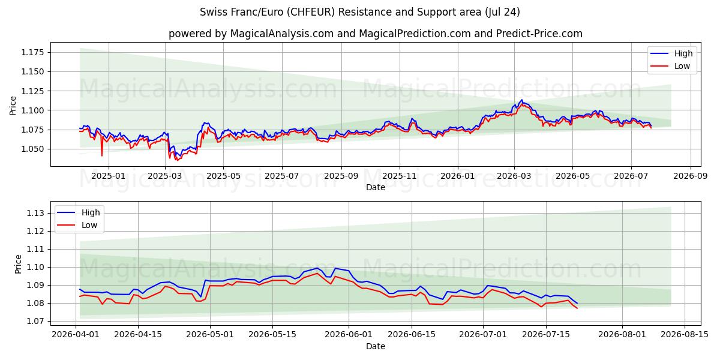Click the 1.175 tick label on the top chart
[x=32, y=52]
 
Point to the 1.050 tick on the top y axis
[x=32, y=149]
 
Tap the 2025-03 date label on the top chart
[x=164, y=176]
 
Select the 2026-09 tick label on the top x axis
[x=691, y=176]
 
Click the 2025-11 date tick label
[x=400, y=176]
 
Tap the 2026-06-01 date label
[x=349, y=335]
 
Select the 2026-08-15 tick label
[x=685, y=335]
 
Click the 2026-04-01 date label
[x=76, y=335]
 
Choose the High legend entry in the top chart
[x=671, y=53]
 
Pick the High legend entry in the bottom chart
[x=79, y=212]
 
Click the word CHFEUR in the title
[x=311, y=12]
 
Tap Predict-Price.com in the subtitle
[x=539, y=34]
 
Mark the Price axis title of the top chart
[x=13, y=106]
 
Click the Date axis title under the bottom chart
[x=376, y=347]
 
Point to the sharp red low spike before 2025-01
[x=102, y=155]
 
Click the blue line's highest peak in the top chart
[x=521, y=100]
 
